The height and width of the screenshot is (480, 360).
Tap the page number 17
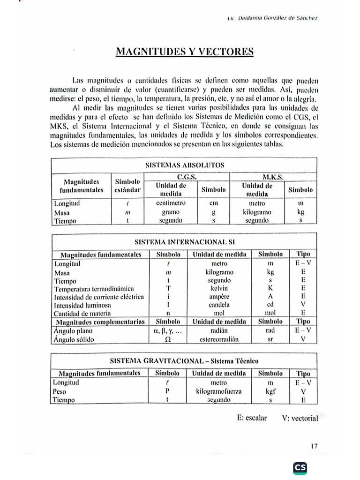[314, 446]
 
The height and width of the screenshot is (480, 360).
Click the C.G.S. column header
[186, 178]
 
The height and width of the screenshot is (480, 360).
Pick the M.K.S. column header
[275, 178]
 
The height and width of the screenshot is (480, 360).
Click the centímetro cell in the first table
[170, 203]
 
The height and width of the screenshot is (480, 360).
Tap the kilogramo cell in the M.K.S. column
[257, 212]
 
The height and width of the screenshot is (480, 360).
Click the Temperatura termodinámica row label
[94, 288]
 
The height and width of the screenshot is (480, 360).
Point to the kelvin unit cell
[219, 288]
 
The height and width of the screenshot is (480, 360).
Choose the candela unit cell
[219, 305]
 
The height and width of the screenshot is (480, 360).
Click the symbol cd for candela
[270, 305]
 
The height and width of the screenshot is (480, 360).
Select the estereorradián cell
[219, 338]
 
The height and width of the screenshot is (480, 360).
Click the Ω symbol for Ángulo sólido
[167, 338]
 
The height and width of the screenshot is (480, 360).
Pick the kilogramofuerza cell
[219, 391]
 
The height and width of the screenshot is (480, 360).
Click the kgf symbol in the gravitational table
[270, 391]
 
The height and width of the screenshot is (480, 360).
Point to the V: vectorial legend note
[300, 419]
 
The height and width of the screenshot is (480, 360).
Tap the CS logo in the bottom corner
[300, 468]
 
